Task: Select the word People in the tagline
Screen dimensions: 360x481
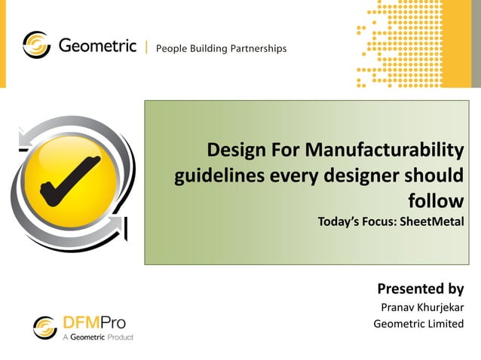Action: point(172,49)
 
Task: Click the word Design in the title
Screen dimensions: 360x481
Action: point(234,150)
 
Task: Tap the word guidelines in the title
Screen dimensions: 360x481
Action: point(214,175)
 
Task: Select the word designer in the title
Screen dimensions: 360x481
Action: point(368,175)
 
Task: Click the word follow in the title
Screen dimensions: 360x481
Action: point(435,200)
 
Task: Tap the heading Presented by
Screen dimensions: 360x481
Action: point(420,288)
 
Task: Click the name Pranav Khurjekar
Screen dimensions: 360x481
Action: point(422,307)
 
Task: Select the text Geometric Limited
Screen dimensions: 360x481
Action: point(418,324)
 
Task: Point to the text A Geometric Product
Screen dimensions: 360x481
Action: point(97,337)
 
